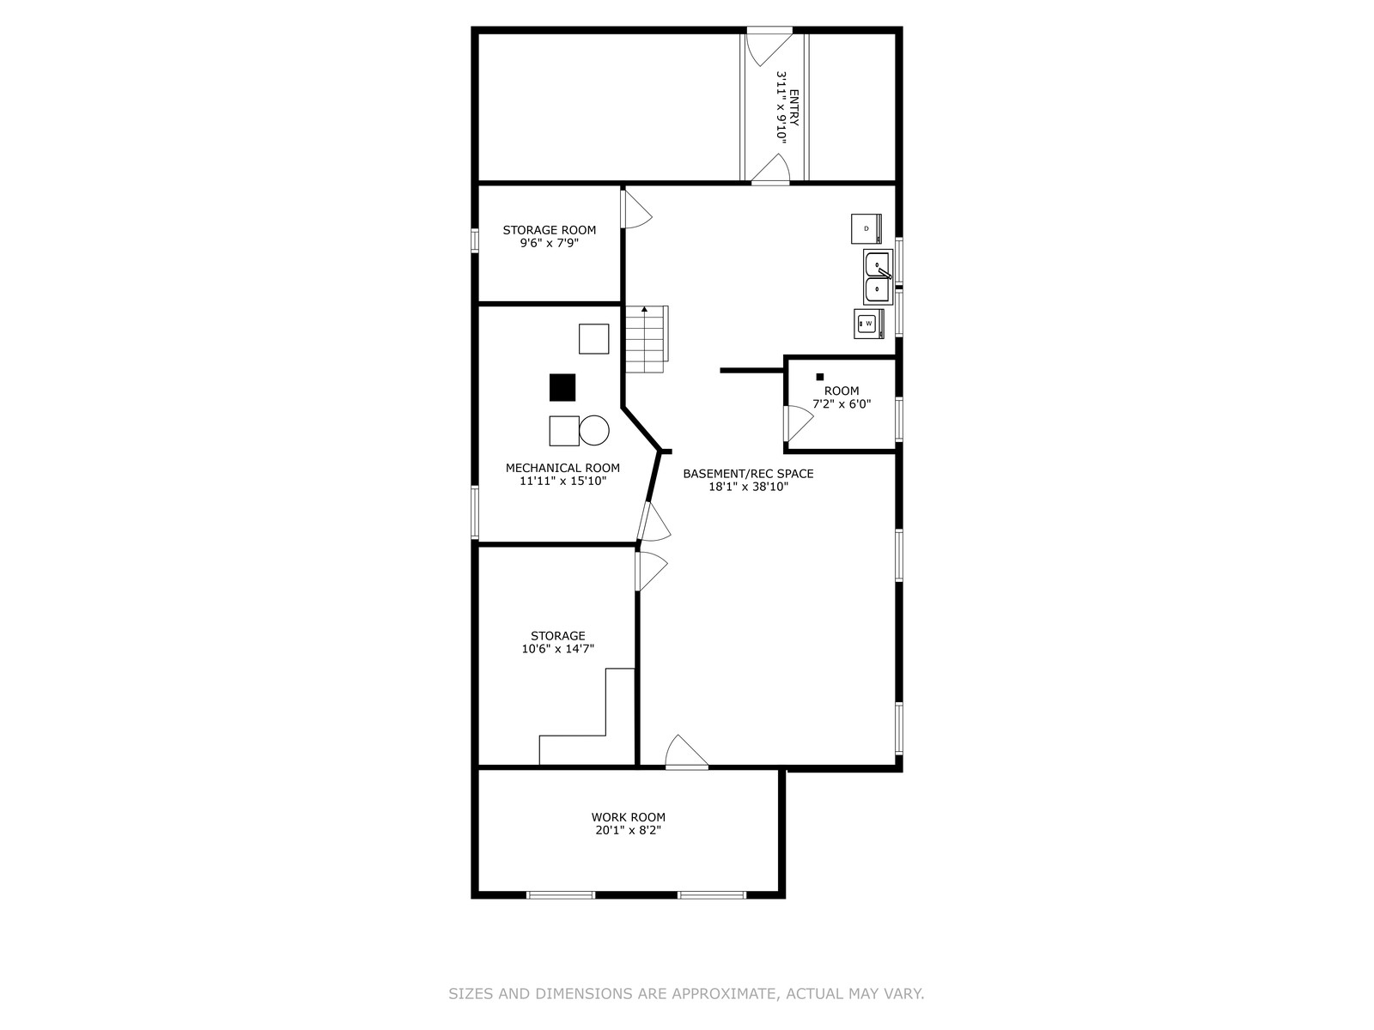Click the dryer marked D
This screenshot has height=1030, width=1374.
(x=866, y=229)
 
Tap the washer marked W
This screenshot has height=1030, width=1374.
(x=869, y=324)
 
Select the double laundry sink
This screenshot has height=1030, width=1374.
(x=878, y=276)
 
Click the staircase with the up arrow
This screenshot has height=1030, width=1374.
(x=647, y=339)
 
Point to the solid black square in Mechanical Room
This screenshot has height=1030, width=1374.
(x=562, y=387)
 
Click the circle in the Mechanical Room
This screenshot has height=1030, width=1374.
(x=594, y=430)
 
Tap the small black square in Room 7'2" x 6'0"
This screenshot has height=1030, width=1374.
(x=819, y=377)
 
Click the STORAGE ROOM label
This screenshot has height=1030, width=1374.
(x=549, y=230)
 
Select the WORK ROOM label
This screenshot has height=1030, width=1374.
(x=628, y=817)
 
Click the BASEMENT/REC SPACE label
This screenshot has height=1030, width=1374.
(x=748, y=474)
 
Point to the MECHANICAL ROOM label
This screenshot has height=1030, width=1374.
(x=562, y=468)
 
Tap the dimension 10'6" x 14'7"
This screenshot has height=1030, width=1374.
(x=557, y=649)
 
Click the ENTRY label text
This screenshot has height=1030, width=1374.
(x=793, y=107)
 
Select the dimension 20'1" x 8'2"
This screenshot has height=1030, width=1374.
(x=628, y=830)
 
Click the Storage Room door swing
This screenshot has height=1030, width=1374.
(x=637, y=209)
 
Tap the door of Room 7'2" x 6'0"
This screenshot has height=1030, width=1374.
(x=799, y=423)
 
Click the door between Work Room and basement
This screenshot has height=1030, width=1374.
(x=686, y=751)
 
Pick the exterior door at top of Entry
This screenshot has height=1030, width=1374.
(x=769, y=45)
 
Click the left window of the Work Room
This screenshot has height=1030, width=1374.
(x=560, y=895)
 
